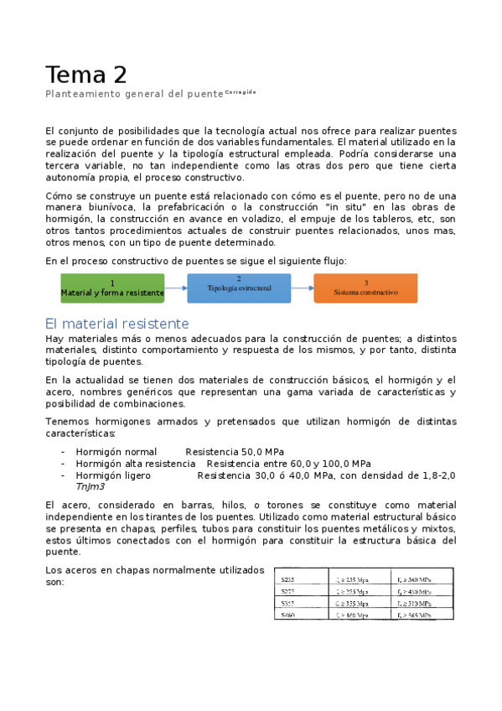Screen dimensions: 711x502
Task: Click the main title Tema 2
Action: coord(86,75)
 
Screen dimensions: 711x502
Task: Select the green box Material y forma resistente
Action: coord(112,288)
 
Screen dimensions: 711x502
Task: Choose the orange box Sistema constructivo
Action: coord(365,288)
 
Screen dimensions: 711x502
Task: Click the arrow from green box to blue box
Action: coord(175,288)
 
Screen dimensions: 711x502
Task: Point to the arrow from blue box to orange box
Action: coord(302,288)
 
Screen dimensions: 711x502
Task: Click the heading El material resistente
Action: coord(116,324)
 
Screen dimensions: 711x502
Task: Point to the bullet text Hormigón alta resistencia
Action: coord(135,464)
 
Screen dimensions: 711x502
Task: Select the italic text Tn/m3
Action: coord(90,487)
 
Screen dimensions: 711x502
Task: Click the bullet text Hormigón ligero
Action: coord(113,475)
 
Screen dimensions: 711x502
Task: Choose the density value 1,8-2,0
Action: coord(437,475)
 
